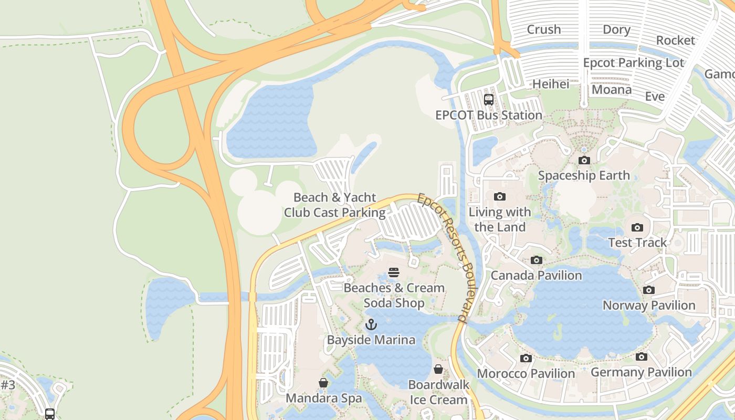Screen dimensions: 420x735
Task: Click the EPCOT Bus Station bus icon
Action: (x=489, y=99)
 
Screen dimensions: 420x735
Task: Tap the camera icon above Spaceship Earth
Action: (x=584, y=160)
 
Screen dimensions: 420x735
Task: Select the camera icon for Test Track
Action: (x=637, y=227)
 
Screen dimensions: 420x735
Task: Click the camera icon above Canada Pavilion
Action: (x=536, y=260)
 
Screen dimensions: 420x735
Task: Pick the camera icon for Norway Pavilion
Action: (x=649, y=290)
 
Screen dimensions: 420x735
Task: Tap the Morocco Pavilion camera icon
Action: (x=526, y=358)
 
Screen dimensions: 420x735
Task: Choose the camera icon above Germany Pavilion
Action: (x=641, y=356)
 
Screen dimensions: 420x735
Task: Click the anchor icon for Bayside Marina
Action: (x=371, y=324)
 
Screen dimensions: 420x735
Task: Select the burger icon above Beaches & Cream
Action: (x=394, y=272)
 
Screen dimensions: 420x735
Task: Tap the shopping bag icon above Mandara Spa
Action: (x=323, y=383)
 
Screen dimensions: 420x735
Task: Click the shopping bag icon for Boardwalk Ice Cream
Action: (x=438, y=369)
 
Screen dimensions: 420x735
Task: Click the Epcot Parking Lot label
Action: (x=634, y=63)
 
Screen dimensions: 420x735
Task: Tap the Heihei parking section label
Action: (x=551, y=84)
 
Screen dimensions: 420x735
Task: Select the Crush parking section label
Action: (x=543, y=29)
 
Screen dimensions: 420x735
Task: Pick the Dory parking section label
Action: (x=616, y=29)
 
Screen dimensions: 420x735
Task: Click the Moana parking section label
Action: (x=612, y=90)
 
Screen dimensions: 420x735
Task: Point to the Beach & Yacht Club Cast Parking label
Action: (x=335, y=205)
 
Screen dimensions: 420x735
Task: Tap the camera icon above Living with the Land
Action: (x=500, y=197)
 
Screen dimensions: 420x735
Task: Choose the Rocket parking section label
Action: (x=675, y=40)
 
